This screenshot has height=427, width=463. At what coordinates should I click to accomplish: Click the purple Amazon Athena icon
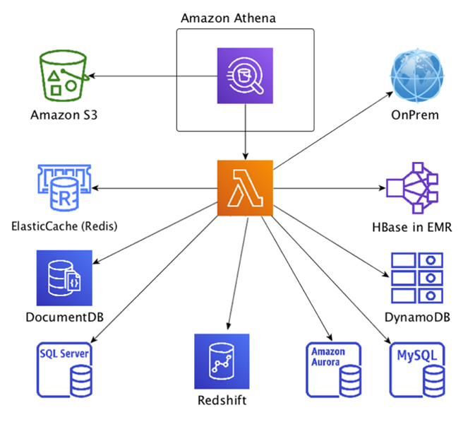pyautogui.click(x=245, y=76)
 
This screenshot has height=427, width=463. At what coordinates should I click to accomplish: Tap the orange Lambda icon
pyautogui.click(x=245, y=188)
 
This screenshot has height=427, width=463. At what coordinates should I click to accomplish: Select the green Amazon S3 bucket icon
pyautogui.click(x=64, y=76)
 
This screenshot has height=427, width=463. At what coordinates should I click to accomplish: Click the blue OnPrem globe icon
pyautogui.click(x=417, y=76)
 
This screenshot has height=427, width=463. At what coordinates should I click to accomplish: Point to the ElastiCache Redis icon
pyautogui.click(x=64, y=188)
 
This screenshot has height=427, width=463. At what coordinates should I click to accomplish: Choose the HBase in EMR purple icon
pyautogui.click(x=412, y=188)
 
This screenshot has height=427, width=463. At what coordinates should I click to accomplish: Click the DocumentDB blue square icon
pyautogui.click(x=64, y=278)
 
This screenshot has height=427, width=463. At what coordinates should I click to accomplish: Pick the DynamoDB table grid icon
pyautogui.click(x=417, y=278)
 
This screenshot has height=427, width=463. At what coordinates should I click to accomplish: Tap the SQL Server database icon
pyautogui.click(x=64, y=370)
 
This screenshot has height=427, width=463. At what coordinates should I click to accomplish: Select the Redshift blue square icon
pyautogui.click(x=222, y=361)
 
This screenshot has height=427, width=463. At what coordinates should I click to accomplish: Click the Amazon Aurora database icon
pyautogui.click(x=334, y=370)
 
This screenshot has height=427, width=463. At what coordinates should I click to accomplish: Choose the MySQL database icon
pyautogui.click(x=417, y=370)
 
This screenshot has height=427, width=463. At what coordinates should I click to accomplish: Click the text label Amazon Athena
pyautogui.click(x=228, y=18)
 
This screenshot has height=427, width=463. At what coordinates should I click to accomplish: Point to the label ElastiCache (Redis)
pyautogui.click(x=64, y=226)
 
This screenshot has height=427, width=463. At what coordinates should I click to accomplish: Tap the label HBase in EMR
pyautogui.click(x=412, y=227)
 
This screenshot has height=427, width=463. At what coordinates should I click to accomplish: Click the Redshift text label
pyautogui.click(x=222, y=400)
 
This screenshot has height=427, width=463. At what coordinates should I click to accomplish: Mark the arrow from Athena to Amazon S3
pyautogui.click(x=153, y=76)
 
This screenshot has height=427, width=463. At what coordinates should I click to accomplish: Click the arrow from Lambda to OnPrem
pyautogui.click(x=333, y=131)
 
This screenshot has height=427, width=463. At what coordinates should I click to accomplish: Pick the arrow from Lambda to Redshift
pyautogui.click(x=238, y=274)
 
